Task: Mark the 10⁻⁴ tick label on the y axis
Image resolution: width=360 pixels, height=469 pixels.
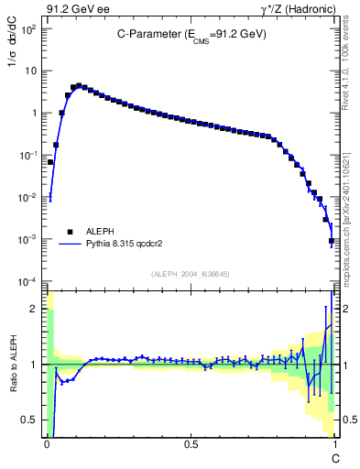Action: point(28,281)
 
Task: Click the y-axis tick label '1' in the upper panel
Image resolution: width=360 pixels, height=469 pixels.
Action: point(34,114)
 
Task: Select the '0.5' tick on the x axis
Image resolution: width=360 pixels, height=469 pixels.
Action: point(191,442)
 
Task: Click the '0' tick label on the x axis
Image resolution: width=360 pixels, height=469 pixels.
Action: point(47,442)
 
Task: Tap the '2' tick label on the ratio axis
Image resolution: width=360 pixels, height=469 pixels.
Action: point(35,309)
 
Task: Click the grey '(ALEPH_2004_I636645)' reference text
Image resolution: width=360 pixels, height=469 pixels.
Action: point(190,273)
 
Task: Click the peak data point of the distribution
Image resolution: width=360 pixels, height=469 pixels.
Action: point(79,85)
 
